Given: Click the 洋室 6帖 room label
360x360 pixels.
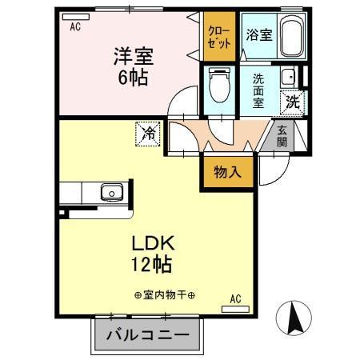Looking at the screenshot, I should point(131,66).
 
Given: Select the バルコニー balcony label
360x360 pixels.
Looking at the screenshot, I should point(145,334).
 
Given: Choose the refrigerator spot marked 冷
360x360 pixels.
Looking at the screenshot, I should point(148,133).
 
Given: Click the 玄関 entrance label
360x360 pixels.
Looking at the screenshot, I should point(283,136).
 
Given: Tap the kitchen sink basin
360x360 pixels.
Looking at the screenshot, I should point(110,192).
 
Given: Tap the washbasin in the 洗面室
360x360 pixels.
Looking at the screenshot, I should point(289,77).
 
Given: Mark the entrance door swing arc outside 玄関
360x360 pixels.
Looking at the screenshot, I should point(274,166).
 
